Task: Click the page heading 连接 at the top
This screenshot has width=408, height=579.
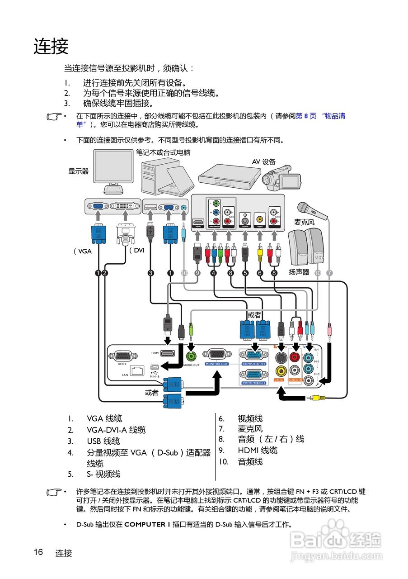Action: tap(51, 47)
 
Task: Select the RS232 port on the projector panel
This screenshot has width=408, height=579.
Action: tap(122, 356)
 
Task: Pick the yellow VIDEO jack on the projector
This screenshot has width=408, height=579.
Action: tap(281, 371)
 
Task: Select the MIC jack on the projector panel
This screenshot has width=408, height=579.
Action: tap(309, 380)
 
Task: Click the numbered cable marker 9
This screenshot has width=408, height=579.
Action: tap(197, 273)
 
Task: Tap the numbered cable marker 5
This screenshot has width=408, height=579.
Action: tap(245, 273)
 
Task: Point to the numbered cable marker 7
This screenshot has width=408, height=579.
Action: tap(329, 273)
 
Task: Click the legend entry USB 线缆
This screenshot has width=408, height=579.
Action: tap(103, 441)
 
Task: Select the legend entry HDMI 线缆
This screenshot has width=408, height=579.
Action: tap(258, 450)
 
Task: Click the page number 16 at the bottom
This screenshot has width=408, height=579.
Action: tap(38, 552)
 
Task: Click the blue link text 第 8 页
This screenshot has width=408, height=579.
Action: tap(306, 116)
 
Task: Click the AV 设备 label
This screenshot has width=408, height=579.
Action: tap(263, 161)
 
